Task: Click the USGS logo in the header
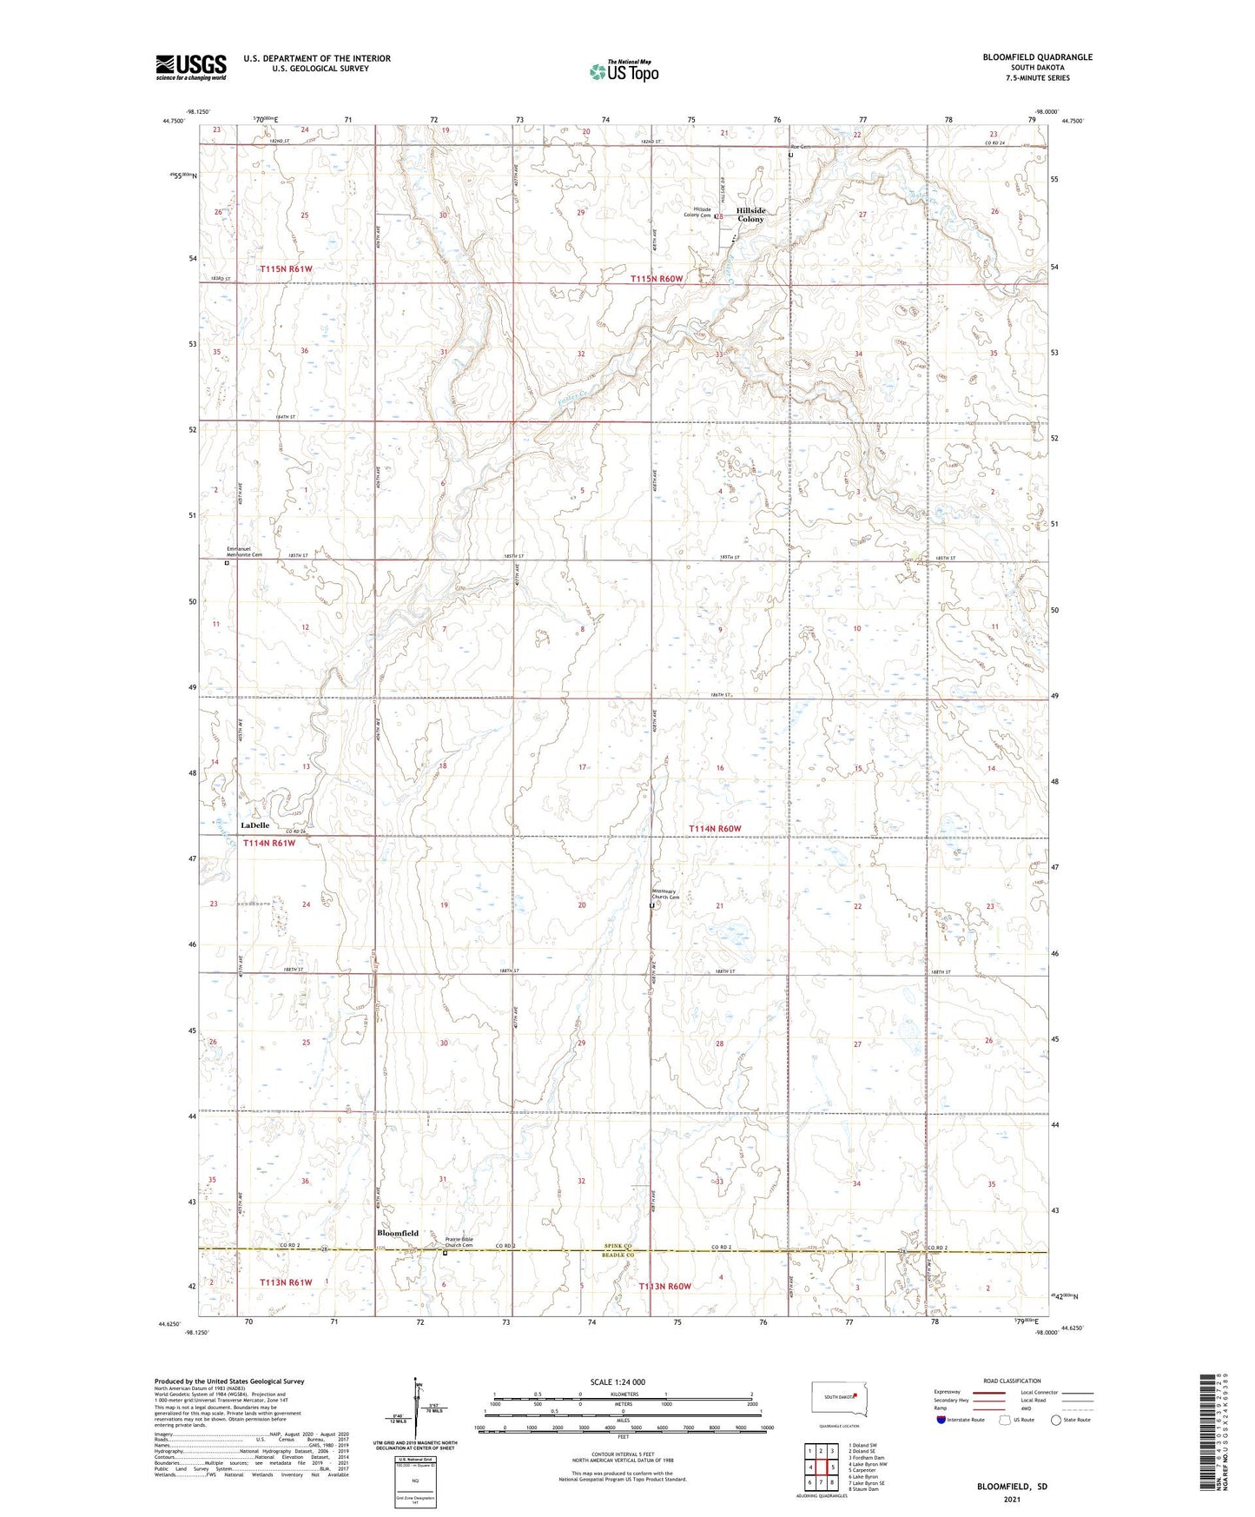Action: click(x=191, y=67)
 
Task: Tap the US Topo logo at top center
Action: click(x=624, y=71)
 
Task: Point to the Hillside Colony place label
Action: click(x=751, y=215)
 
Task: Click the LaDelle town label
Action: click(x=254, y=825)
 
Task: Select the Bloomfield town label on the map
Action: click(x=398, y=1233)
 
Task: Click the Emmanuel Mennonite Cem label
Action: click(x=244, y=551)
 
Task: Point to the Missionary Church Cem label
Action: click(x=673, y=895)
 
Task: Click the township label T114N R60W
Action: click(x=715, y=829)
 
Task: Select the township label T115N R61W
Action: click(x=286, y=269)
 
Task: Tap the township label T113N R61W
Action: click(x=286, y=1282)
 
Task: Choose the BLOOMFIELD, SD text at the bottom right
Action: click(x=1012, y=1487)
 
